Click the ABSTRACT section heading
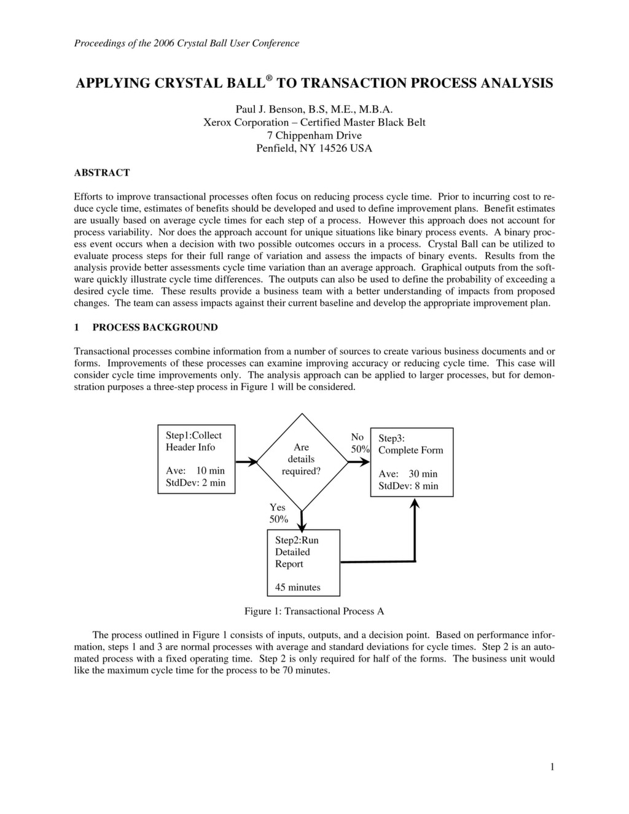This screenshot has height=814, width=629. pos(102,173)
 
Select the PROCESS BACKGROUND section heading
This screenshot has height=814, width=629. pos(155,327)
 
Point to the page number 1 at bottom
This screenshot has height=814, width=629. pos(552,766)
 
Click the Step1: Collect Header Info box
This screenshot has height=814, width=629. pos(196,459)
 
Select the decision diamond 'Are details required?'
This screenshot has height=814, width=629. pos(301,460)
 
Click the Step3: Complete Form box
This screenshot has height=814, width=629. pos(412,462)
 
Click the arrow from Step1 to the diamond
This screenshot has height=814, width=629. pos(246,461)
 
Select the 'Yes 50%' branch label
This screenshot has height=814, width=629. pos(278,513)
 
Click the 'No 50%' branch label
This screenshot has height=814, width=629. pos(359,443)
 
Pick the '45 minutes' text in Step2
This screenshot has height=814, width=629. pos(298,587)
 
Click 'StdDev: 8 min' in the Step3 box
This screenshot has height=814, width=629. pos(408,486)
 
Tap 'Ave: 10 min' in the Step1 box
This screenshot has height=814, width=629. pos(195,471)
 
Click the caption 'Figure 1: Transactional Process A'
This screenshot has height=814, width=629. pos(314,611)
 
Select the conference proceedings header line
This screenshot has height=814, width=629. pos(187,43)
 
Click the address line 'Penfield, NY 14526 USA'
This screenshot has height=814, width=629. pos(314,148)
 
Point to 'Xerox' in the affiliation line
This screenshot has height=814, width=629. pos(219,122)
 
